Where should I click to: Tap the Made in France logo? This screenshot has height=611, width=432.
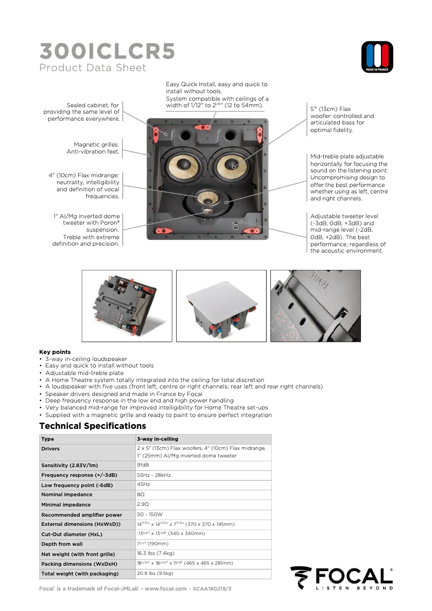(377, 57)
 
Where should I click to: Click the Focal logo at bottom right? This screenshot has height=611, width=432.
(342, 578)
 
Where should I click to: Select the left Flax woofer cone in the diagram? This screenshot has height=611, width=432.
(180, 167)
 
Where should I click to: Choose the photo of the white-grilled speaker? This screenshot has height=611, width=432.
(221, 305)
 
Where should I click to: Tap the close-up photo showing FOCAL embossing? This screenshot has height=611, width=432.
(316, 305)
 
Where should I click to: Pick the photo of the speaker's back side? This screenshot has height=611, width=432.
(127, 305)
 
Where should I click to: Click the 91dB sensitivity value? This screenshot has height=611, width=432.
(143, 464)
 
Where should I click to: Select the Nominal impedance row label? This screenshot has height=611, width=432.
(67, 495)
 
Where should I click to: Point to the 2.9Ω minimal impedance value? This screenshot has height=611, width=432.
(143, 504)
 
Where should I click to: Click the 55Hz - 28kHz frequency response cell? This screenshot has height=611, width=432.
(154, 475)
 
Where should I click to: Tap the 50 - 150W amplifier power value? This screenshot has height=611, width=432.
(150, 515)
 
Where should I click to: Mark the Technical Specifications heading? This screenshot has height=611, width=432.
(93, 426)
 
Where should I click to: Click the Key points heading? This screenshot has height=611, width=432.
(55, 352)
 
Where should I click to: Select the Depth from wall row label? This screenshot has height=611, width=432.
(62, 544)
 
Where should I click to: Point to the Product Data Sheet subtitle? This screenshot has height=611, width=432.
(93, 68)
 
